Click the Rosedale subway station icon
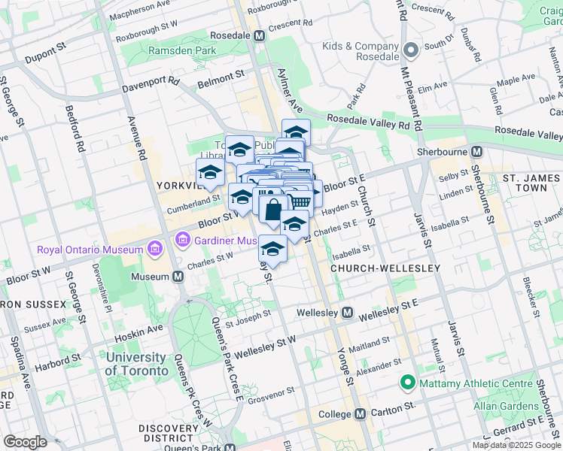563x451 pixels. point(260,35)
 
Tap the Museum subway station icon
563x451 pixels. point(178,277)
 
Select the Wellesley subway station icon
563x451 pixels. point(348,312)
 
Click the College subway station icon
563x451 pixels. point(360,413)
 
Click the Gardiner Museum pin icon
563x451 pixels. point(181,240)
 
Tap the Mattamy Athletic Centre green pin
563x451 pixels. point(408,383)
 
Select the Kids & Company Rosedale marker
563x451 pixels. point(410,51)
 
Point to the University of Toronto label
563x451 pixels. point(136,364)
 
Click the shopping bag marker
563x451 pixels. point(272,210)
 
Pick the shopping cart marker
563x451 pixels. point(300,201)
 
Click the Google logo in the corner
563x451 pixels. point(24,442)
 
